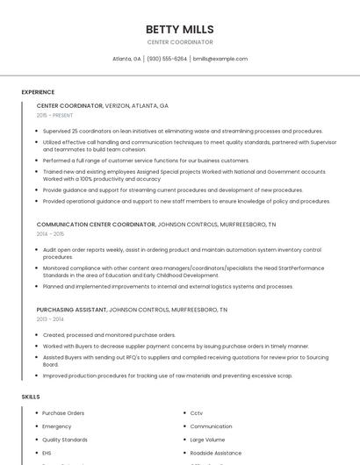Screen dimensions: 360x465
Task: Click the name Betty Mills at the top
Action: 179,29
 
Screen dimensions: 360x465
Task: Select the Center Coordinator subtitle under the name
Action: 179,42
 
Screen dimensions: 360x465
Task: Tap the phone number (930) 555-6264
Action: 167,59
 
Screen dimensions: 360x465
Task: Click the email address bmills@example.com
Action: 220,59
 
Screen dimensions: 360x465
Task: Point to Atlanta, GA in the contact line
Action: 126,59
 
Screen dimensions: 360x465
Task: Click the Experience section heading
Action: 38,91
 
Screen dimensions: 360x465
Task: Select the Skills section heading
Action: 31,397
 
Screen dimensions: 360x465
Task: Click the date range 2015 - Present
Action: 55,115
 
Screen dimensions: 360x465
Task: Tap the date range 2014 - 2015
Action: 50,234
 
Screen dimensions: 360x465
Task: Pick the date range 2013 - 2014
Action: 50,319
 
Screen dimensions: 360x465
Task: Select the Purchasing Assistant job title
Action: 71,310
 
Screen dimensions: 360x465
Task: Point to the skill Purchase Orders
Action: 63,412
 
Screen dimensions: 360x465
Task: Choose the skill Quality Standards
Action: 65,440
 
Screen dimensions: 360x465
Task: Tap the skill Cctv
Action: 196,412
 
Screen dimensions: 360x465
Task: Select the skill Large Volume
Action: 207,440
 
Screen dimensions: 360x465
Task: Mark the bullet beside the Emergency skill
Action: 36,426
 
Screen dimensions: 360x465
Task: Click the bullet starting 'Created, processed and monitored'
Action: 109,334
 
